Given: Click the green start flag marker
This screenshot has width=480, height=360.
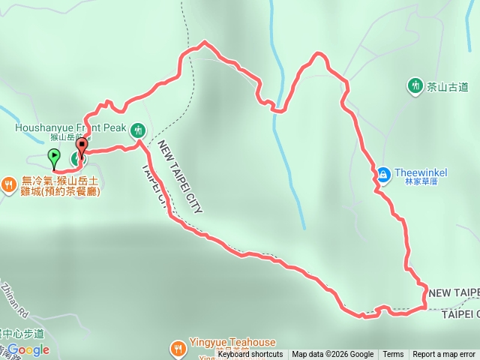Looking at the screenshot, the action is [54, 157].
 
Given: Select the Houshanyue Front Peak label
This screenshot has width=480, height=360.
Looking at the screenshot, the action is [71, 128].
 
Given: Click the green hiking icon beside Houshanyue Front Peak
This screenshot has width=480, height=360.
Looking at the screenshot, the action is [138, 130].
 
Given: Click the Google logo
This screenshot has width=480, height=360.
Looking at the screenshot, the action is [29, 349].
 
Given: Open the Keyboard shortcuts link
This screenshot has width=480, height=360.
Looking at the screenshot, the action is [250, 355].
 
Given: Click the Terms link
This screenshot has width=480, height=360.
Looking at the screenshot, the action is [393, 355].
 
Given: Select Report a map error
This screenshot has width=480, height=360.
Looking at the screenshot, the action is [445, 355].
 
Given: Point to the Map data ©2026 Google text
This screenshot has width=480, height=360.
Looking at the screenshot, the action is [332, 355].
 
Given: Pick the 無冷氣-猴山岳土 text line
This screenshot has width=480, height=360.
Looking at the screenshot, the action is [57, 181].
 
